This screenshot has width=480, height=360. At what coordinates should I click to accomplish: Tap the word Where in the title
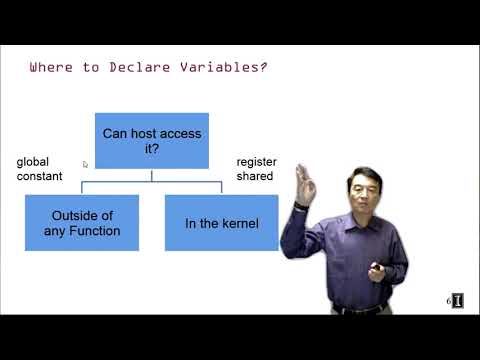(x=51, y=68)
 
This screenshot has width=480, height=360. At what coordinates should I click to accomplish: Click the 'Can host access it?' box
(x=151, y=140)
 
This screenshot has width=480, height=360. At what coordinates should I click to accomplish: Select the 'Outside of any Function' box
(x=82, y=222)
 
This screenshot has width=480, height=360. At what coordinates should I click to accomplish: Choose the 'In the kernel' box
(x=222, y=222)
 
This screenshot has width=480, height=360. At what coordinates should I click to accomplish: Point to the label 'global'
(x=33, y=162)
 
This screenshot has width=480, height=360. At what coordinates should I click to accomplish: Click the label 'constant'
(x=39, y=176)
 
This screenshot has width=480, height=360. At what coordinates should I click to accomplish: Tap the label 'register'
(x=256, y=162)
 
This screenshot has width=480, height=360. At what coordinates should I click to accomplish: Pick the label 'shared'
(x=253, y=176)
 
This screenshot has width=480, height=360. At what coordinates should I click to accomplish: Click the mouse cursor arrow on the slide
(x=87, y=163)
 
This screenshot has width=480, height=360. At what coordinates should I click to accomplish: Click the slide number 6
(x=448, y=300)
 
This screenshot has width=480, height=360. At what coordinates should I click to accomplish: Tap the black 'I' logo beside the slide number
(x=457, y=301)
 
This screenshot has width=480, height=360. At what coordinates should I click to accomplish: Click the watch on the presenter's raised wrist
(x=301, y=204)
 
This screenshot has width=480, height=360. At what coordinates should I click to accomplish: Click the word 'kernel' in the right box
(x=240, y=223)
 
